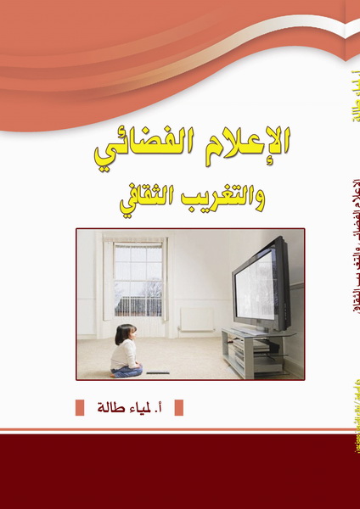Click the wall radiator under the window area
(196, 319)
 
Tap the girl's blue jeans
(127, 369)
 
